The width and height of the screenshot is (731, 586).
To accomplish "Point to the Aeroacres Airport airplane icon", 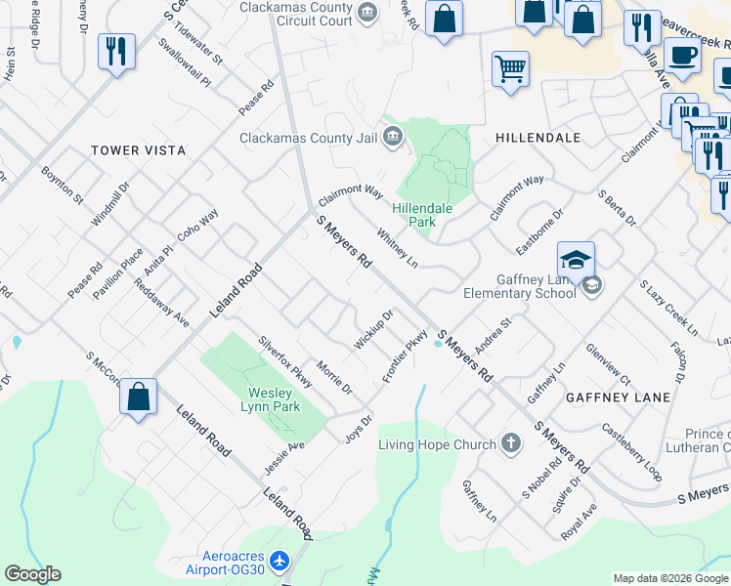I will [x=280, y=562].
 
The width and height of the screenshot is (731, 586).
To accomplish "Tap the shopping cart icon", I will [x=510, y=70].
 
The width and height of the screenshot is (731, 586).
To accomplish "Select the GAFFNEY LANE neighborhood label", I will [x=617, y=398].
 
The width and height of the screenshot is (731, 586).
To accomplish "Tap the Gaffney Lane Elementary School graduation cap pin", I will [x=577, y=261].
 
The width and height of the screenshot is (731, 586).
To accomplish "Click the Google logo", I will [x=33, y=574].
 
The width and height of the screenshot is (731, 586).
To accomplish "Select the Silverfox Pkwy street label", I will [x=284, y=361].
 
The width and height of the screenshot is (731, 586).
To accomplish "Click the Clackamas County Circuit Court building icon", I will [x=367, y=13].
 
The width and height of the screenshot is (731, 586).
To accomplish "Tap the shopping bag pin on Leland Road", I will [x=140, y=398].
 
